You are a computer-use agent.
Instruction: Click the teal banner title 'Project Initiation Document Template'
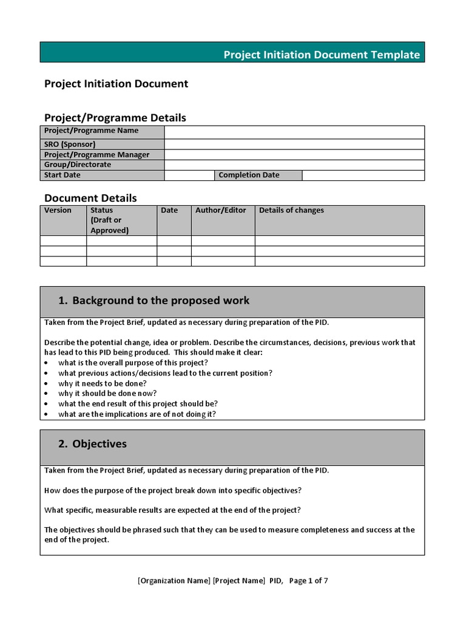322,55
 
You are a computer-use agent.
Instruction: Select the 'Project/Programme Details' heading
115,118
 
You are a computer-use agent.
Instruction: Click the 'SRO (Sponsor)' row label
70,145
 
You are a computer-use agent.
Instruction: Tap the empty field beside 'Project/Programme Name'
294,132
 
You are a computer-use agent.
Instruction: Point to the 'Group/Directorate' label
78,165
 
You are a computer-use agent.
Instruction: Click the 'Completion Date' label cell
249,175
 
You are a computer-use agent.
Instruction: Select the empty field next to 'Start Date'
189,175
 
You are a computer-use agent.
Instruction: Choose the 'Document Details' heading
90,198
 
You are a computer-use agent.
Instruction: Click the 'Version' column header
58,211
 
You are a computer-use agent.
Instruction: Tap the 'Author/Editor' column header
221,211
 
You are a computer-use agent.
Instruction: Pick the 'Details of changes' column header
292,211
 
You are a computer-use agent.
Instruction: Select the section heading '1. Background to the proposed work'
154,301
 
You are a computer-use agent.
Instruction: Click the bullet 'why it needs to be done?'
102,384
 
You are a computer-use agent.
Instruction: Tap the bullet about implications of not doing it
137,414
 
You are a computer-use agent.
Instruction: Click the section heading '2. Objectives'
93,444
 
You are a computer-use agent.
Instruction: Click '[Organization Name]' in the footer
174,581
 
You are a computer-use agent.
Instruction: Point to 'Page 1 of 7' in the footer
309,581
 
